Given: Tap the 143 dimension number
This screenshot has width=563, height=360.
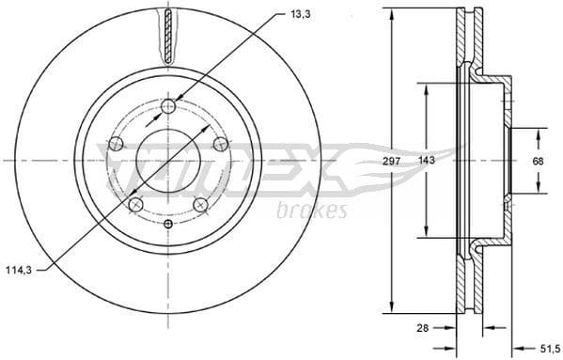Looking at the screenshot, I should (427, 161).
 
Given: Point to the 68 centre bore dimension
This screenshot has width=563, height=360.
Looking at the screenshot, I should (538, 161).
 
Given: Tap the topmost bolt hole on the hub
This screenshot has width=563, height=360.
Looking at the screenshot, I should (168, 106).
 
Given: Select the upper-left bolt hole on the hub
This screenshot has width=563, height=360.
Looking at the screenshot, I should (117, 144).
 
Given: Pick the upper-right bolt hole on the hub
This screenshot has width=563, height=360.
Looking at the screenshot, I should (220, 144).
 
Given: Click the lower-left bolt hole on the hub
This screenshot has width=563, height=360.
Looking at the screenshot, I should (136, 205).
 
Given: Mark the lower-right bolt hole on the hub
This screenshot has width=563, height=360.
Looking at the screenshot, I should (200, 205).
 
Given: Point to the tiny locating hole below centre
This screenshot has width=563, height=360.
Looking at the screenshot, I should (168, 224).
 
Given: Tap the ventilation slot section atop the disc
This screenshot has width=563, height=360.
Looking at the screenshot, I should (168, 36).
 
